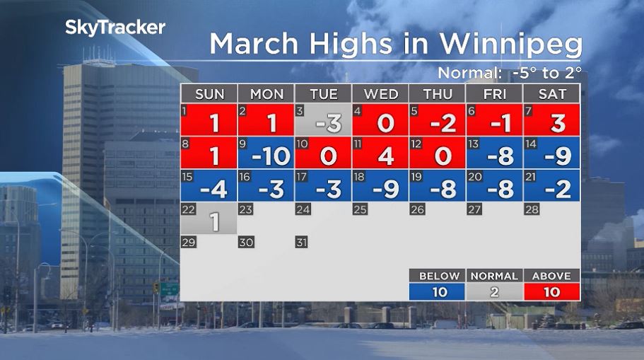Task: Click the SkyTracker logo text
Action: point(115,28)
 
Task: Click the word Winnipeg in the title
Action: point(511,44)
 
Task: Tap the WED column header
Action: point(380,94)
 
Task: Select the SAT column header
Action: point(551,94)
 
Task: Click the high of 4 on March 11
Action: point(386,156)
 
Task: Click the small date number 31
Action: point(302,242)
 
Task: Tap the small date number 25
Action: point(360,209)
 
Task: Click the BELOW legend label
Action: point(439,276)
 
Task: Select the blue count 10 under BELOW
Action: point(439,291)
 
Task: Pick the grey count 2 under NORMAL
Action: point(495,291)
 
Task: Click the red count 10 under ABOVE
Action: point(551,291)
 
